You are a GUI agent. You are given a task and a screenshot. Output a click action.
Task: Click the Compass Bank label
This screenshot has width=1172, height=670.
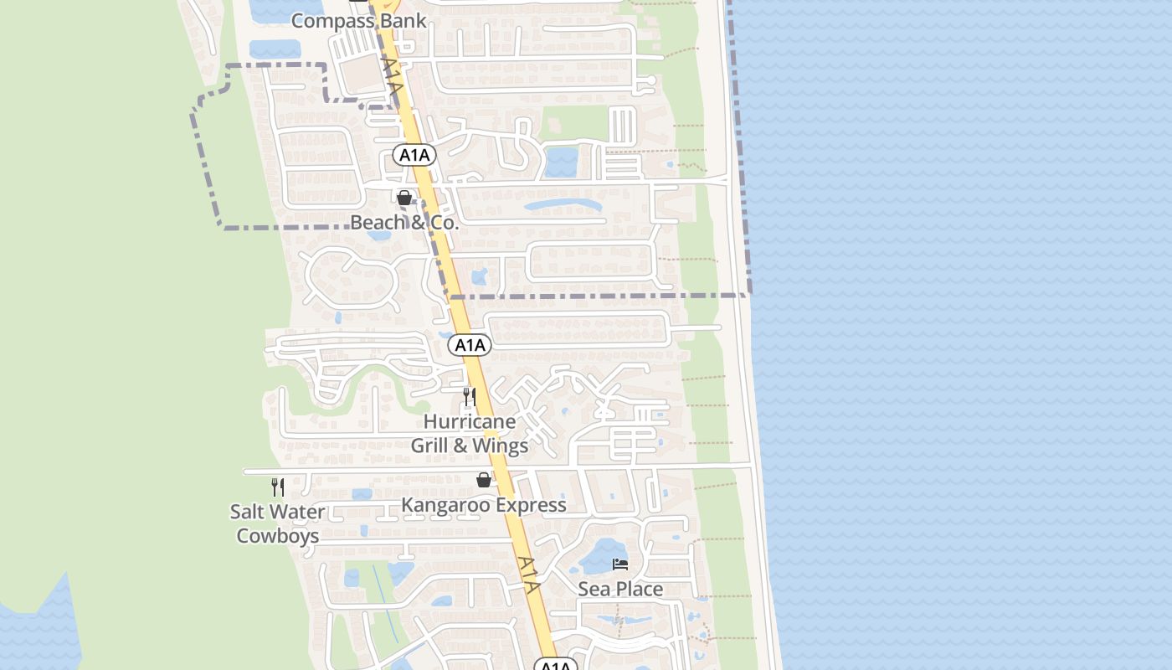coord(358,20)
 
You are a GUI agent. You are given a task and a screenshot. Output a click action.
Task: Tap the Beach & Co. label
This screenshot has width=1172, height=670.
coord(404,223)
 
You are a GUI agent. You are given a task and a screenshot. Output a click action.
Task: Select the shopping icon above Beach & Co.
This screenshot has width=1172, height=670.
coord(404,198)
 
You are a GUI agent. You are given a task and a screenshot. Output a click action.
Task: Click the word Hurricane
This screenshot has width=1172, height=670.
coord(469,421)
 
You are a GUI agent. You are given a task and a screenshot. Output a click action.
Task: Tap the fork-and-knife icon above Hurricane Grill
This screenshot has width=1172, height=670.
coord(470,396)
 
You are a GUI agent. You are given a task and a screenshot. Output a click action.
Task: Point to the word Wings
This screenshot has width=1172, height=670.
coord(500,446)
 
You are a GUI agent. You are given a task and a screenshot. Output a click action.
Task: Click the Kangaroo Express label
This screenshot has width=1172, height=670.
coord(483,505)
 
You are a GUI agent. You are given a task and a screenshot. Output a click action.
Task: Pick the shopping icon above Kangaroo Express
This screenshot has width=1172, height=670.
coord(483,480)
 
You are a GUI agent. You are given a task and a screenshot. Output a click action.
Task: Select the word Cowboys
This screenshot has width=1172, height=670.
coord(277,536)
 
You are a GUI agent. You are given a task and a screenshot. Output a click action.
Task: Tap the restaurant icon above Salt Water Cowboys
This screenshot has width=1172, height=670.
coord(277,487)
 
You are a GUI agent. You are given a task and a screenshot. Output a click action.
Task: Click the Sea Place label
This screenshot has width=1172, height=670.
coord(620,589)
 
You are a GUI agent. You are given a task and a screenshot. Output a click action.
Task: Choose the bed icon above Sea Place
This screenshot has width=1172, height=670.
coord(620,564)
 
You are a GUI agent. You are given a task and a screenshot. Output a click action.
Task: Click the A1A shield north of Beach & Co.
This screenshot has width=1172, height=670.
coord(414,154)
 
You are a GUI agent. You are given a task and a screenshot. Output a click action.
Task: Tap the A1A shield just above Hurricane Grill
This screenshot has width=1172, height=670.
coord(470,344)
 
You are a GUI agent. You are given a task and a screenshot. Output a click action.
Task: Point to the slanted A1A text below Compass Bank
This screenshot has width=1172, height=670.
coord(393,75)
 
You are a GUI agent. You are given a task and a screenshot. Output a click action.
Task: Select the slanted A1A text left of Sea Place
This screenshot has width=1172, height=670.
coord(528,575)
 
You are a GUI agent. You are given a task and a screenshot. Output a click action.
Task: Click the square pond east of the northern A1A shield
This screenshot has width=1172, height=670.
coord(561,162)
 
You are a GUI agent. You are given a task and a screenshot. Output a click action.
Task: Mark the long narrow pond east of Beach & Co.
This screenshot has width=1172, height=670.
coord(562,205)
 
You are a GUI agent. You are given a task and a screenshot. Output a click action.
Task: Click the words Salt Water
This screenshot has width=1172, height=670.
coord(277,512)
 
